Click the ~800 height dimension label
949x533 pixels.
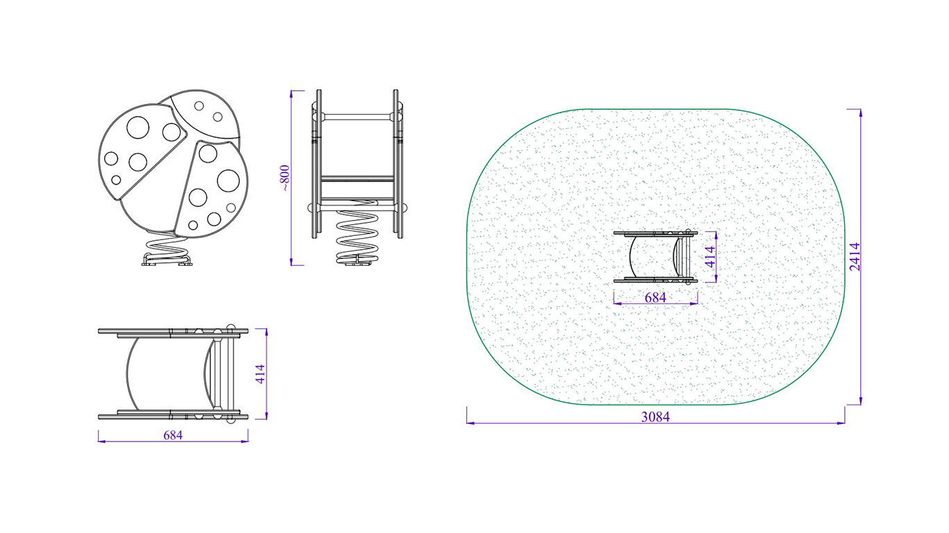pos(285,178)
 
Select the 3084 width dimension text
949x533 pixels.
pos(655,417)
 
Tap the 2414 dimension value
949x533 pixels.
pos(855,257)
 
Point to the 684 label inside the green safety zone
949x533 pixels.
pos(655,298)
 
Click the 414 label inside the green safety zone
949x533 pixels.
pos(710,257)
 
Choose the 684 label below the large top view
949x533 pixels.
pos(173,434)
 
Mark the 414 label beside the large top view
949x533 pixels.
pos(260,374)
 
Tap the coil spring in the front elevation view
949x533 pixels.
pos(356,236)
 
